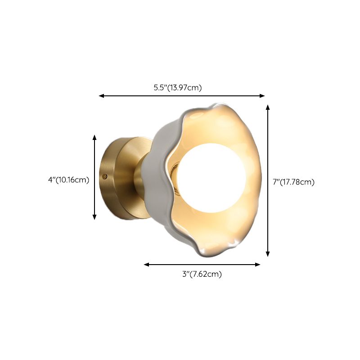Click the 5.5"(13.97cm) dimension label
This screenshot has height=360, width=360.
[x=177, y=88]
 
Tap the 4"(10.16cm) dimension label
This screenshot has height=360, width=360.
[x=68, y=180]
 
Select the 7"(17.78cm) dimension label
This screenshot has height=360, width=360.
[x=293, y=182]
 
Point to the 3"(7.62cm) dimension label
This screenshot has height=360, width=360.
[x=202, y=274]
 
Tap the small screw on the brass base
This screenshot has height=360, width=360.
[x=105, y=176]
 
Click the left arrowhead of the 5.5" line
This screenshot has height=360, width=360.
[x=101, y=96]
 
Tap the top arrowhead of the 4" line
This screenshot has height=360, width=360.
[x=94, y=137]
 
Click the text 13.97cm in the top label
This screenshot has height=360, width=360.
[x=184, y=88]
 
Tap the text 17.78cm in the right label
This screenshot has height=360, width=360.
[x=298, y=182]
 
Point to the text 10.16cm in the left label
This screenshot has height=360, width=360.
[x=72, y=180]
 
